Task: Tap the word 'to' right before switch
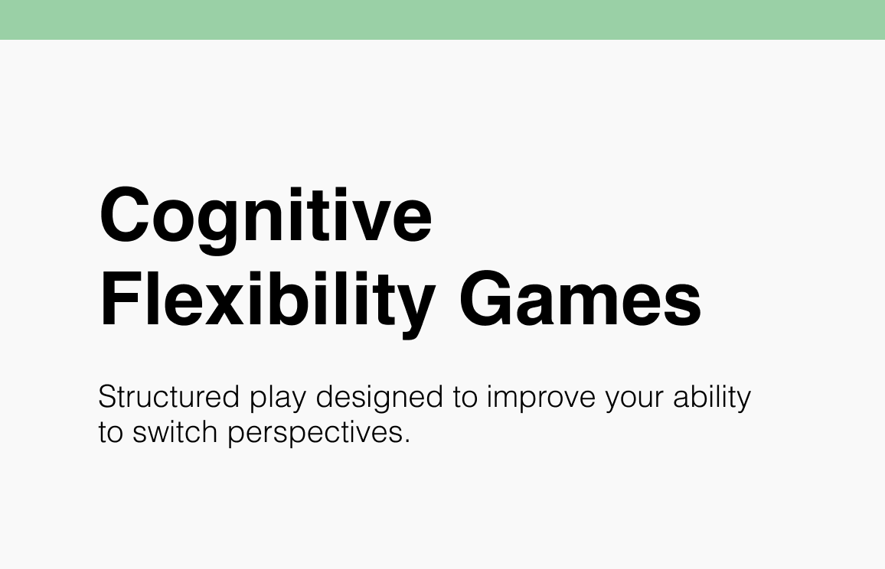(x=112, y=433)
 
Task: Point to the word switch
(x=177, y=432)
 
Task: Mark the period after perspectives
(x=407, y=441)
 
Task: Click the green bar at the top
(x=442, y=19)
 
